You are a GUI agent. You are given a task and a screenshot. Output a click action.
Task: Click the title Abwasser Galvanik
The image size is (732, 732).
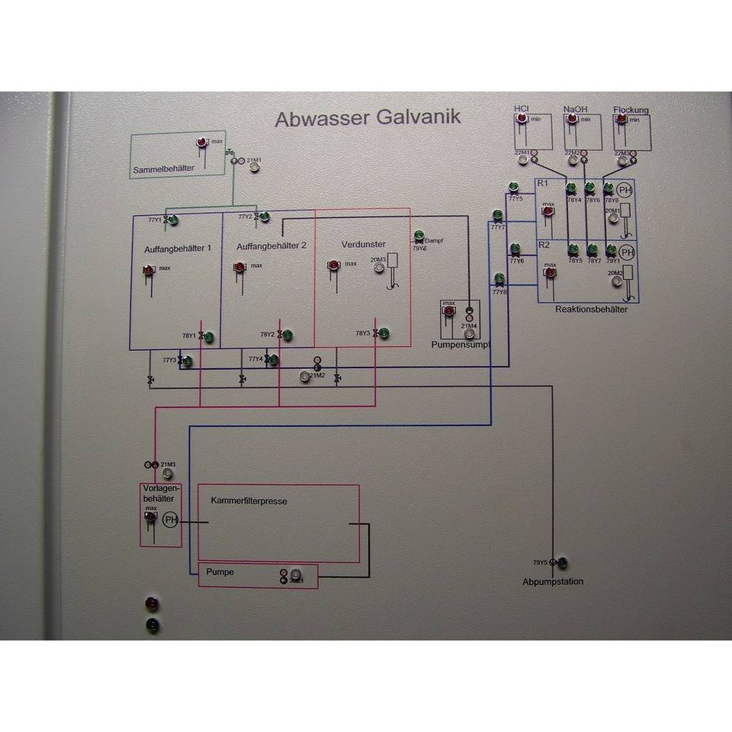click(x=367, y=118)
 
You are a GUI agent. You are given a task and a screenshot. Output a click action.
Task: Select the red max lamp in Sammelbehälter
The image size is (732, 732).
click(x=202, y=143)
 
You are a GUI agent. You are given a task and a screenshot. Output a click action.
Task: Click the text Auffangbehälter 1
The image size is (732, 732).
click(x=178, y=249)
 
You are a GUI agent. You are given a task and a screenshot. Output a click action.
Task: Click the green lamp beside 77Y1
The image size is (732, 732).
click(x=173, y=220)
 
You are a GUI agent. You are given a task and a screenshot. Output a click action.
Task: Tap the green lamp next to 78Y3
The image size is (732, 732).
click(x=384, y=333)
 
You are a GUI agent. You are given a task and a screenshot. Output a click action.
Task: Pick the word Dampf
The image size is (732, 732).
click(x=434, y=240)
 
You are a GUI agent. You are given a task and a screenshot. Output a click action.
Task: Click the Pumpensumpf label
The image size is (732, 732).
click(x=460, y=345)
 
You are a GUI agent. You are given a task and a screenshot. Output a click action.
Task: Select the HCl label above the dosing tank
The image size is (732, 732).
click(x=522, y=109)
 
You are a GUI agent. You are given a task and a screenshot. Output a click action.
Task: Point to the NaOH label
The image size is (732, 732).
click(x=576, y=109)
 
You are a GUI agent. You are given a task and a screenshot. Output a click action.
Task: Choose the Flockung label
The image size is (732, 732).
click(x=631, y=110)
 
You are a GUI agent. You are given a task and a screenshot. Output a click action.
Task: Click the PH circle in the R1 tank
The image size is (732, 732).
click(x=625, y=191)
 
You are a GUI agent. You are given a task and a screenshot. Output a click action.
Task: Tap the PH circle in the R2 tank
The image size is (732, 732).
click(x=627, y=252)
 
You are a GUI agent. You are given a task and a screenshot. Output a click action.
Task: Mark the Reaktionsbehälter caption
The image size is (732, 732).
click(x=591, y=310)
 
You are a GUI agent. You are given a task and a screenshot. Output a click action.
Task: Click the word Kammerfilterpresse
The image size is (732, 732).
click(x=248, y=501)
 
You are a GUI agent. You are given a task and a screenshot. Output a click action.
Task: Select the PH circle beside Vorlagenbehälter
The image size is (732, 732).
click(x=170, y=521)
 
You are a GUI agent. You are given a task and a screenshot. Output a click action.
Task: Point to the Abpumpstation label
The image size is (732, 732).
click(x=553, y=582)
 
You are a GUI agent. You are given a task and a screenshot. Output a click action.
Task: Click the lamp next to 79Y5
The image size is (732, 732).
click(x=563, y=563)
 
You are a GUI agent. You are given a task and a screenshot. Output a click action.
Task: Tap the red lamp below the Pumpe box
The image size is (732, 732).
click(x=152, y=605)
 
